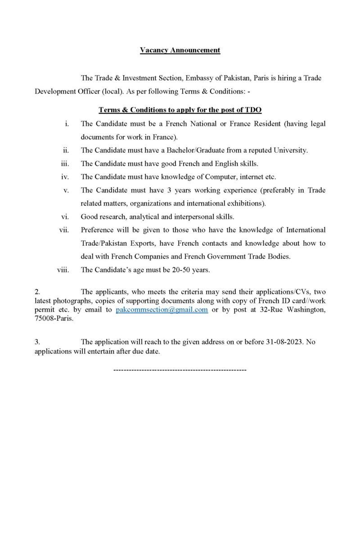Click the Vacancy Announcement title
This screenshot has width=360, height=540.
[180, 50]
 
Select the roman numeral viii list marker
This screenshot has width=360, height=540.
[63, 270]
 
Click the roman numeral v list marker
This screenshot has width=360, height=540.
[66, 190]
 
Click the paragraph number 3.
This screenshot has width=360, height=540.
[37, 342]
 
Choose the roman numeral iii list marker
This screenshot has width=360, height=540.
[64, 163]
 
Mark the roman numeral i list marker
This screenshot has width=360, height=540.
[67, 123]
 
